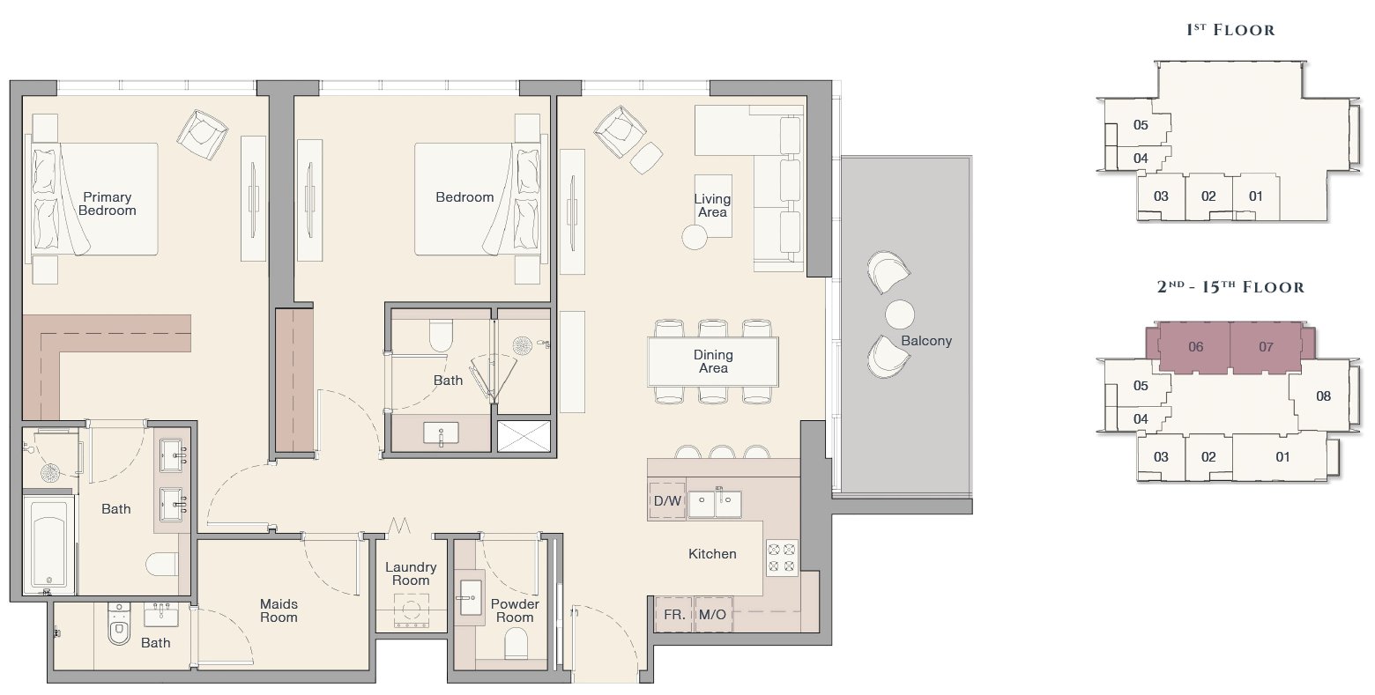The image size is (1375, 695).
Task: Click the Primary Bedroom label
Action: pos(108,203)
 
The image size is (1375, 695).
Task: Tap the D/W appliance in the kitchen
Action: pos(666,500)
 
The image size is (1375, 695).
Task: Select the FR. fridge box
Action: pos(674,614)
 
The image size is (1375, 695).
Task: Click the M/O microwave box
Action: pos(713,614)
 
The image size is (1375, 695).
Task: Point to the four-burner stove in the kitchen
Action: pos(782,558)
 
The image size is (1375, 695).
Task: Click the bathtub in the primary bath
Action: pos(49,544)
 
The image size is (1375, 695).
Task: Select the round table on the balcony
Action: pos(900,314)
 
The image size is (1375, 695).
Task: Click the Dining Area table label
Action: pos(713,361)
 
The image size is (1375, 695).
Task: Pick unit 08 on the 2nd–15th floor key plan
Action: pos(1324,396)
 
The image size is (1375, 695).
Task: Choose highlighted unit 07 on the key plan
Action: pos(1266,347)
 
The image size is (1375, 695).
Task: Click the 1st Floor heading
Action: pos(1230,29)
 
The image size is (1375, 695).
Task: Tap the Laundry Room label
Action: pos(411,573)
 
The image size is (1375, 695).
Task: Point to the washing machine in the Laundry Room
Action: pos(412,611)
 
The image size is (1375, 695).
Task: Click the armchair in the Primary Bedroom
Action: pos(202,135)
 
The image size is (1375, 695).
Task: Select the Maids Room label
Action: pos(279,611)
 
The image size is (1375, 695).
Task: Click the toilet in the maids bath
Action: pos(119,624)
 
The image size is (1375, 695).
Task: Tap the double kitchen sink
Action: pos(715,504)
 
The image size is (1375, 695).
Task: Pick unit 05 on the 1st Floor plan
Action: pos(1141,125)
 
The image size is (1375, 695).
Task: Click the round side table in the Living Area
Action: pos(695,237)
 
